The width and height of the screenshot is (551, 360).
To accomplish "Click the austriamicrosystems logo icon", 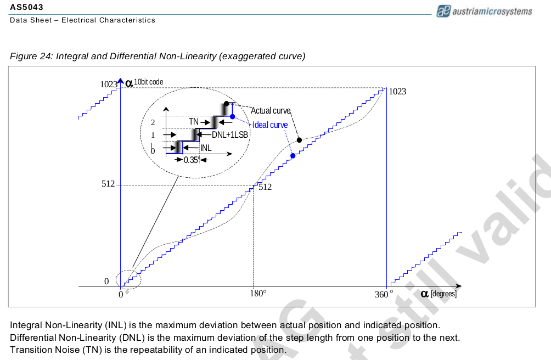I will click(x=443, y=11).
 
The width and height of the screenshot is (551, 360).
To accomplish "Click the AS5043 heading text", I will click(x=26, y=8).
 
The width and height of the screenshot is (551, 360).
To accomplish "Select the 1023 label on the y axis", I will click(x=109, y=84).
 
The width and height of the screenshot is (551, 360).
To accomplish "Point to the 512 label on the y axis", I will click(x=108, y=184).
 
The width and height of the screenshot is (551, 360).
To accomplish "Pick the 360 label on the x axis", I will click(x=381, y=295).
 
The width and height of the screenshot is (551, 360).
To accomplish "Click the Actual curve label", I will click(x=271, y=111).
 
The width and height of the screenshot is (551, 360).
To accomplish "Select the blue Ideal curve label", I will click(x=270, y=125).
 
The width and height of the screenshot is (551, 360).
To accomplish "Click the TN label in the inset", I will click(x=194, y=121).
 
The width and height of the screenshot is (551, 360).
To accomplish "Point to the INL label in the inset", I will click(x=206, y=148).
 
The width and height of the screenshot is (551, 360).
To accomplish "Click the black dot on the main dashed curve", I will click(x=299, y=140).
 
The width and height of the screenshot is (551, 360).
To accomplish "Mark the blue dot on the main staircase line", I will click(x=293, y=156).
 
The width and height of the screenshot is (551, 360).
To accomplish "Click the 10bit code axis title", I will click(x=148, y=82).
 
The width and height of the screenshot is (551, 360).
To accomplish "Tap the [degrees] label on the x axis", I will click(x=443, y=294).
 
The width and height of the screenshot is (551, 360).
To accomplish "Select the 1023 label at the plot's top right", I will click(x=397, y=92).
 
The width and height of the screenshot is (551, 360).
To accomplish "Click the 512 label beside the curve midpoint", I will click(x=265, y=187).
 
